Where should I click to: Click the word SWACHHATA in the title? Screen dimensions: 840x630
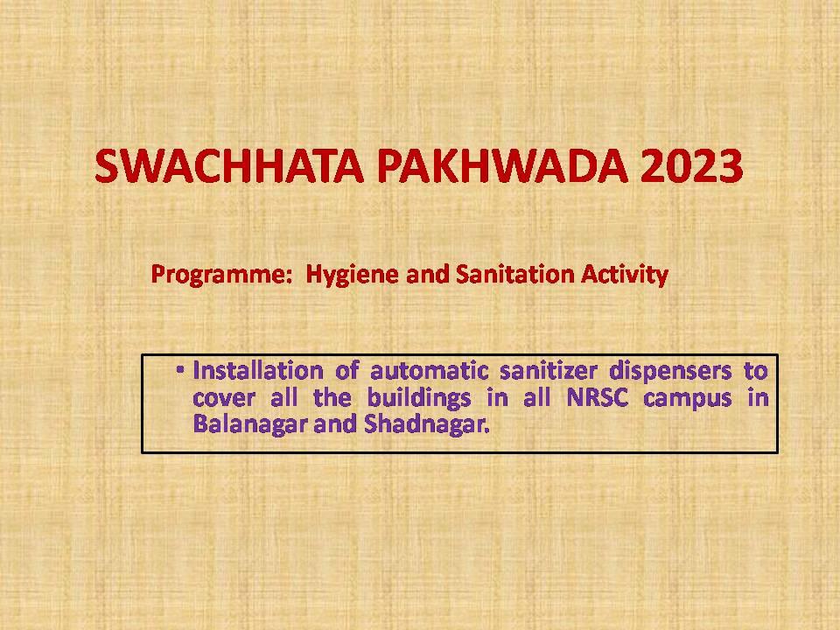(x=229, y=165)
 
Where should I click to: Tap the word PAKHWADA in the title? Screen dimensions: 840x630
(x=502, y=165)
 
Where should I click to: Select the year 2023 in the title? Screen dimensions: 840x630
(x=691, y=165)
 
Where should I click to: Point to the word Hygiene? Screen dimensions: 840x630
(x=352, y=275)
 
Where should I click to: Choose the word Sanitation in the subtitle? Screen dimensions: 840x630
(x=514, y=274)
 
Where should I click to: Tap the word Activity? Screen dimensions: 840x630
(x=625, y=275)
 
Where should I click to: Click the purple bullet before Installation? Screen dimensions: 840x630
(x=180, y=369)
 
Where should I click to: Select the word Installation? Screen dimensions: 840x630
(x=258, y=370)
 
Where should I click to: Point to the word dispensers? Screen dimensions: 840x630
(x=671, y=371)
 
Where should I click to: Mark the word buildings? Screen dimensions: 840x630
(x=419, y=399)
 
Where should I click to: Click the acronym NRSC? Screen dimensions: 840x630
(x=598, y=397)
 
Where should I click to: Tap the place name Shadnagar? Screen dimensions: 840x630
(x=427, y=425)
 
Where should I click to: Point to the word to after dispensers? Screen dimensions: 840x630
(x=756, y=371)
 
